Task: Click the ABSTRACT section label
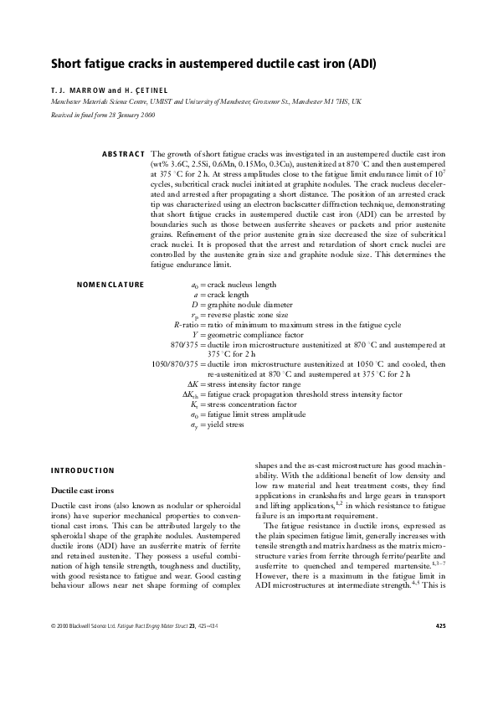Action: click(122, 155)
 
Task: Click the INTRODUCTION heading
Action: click(83, 470)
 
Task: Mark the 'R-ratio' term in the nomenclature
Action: click(184, 324)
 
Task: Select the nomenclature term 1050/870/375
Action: click(173, 364)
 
